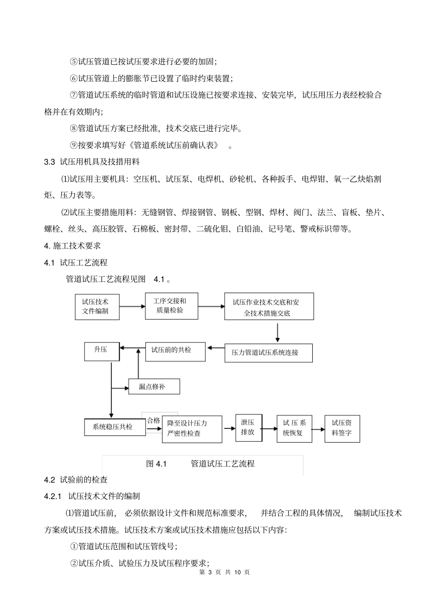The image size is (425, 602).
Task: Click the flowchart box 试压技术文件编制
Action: pos(97,307)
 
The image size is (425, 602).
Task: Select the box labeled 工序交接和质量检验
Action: pos(172,306)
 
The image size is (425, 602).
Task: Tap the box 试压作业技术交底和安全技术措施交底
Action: pos(269,307)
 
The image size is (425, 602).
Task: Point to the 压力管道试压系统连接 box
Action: pos(268,353)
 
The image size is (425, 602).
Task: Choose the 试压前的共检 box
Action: pos(175,351)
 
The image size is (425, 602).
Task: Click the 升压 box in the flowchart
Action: pos(102,351)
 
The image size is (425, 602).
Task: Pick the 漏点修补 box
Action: pos(154,387)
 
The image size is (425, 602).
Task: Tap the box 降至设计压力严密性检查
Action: pos(192,429)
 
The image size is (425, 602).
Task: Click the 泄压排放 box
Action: pos(248,427)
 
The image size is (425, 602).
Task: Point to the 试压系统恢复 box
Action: pos(294,428)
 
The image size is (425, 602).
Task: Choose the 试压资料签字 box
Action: pos(342,428)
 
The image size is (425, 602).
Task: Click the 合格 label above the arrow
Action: pos(153,420)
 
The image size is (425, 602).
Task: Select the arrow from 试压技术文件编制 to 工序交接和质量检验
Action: pos(132,307)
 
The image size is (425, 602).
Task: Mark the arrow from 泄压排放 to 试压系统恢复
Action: pos(269,428)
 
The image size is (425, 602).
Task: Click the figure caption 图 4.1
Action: pos(156,464)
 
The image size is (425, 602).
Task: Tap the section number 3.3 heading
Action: pos(49,162)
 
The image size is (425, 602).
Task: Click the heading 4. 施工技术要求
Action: pos(72,246)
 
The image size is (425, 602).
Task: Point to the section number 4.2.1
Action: pos(52,496)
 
